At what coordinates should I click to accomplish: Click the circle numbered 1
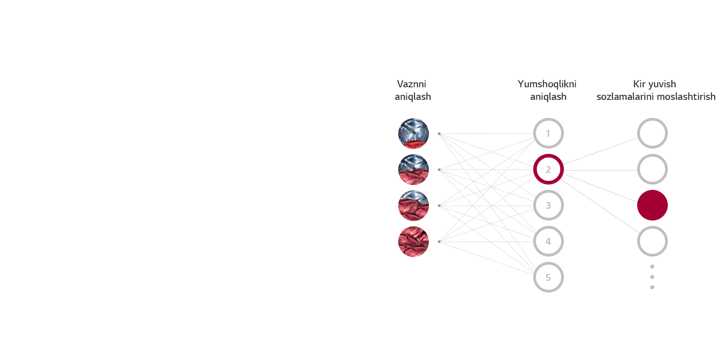click(548, 133)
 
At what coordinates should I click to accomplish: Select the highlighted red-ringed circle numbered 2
click(548, 169)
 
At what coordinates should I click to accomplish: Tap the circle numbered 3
click(548, 205)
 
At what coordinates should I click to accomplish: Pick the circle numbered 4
click(548, 241)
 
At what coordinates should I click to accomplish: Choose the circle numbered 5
click(548, 277)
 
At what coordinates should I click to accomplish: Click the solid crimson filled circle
click(652, 205)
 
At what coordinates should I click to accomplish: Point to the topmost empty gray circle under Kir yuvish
click(652, 133)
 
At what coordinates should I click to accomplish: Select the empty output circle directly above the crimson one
click(652, 169)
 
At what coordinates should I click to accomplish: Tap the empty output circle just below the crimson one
click(652, 241)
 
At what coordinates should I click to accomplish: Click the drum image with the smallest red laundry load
click(413, 134)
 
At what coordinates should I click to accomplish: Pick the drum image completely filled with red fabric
click(413, 242)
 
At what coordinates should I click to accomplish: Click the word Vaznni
click(411, 84)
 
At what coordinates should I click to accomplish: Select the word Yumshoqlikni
click(547, 84)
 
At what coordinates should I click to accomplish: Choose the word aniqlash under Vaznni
click(413, 97)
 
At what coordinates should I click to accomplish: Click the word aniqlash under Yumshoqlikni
click(548, 97)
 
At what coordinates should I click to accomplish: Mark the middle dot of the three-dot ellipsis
click(652, 277)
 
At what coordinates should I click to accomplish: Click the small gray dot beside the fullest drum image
click(439, 242)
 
